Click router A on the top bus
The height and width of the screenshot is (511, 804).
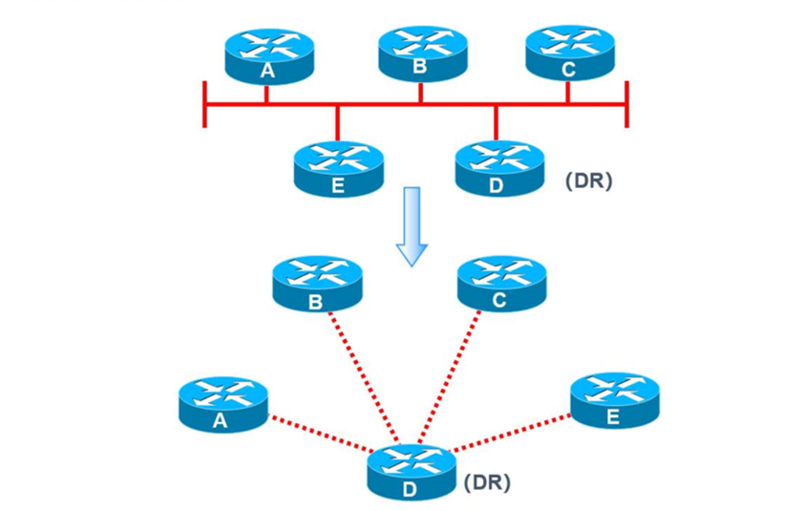(x=269, y=56)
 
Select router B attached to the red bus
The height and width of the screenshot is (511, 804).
(x=422, y=53)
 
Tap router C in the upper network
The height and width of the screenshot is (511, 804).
(x=570, y=53)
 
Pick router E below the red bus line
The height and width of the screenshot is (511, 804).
(x=338, y=169)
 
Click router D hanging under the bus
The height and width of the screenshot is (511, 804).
(x=500, y=169)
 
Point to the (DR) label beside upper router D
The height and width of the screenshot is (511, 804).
(x=588, y=181)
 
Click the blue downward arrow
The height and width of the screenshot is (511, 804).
(x=412, y=226)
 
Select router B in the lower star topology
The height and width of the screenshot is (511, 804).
(x=317, y=285)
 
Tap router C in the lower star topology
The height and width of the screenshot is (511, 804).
(x=502, y=284)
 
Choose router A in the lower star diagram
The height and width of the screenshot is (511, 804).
(x=223, y=405)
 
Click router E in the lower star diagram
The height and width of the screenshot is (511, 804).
(x=615, y=401)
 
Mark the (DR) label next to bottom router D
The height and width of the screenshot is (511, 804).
(x=487, y=482)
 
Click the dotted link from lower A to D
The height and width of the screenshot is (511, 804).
(x=322, y=434)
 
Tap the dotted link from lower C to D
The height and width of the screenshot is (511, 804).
(x=449, y=376)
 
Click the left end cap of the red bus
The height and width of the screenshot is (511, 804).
(x=205, y=104)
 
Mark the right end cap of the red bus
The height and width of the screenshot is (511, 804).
(x=626, y=104)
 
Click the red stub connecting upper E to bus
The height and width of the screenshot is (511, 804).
(x=337, y=123)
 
